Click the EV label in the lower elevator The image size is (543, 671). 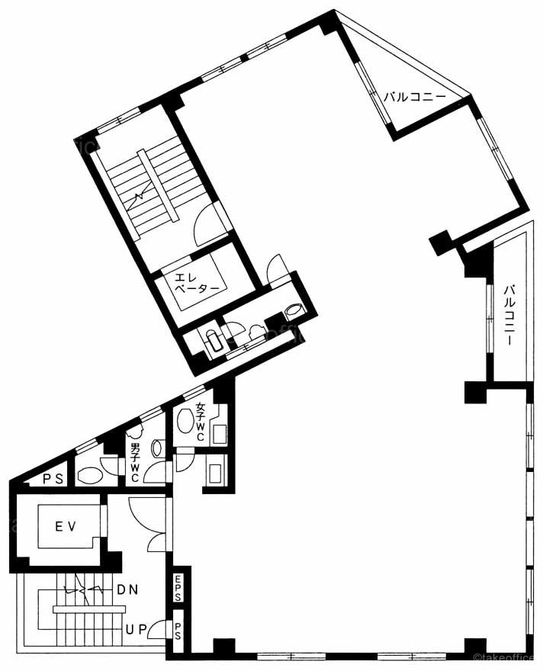point(66,526)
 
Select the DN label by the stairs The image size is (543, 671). point(127,589)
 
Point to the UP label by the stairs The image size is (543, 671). point(137,629)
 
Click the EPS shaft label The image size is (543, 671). point(178,588)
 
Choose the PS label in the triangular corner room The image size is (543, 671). point(53,478)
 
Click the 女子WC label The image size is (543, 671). point(201,422)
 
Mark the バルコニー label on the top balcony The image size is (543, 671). point(414,97)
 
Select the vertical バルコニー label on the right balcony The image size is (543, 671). point(509,315)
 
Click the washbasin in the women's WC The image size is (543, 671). point(185,421)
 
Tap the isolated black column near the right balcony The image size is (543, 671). point(441,242)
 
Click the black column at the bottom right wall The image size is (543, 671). point(475,646)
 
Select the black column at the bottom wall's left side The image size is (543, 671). point(223,646)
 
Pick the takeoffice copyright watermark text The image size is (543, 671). point(509,658)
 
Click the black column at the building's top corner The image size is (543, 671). point(330,22)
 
